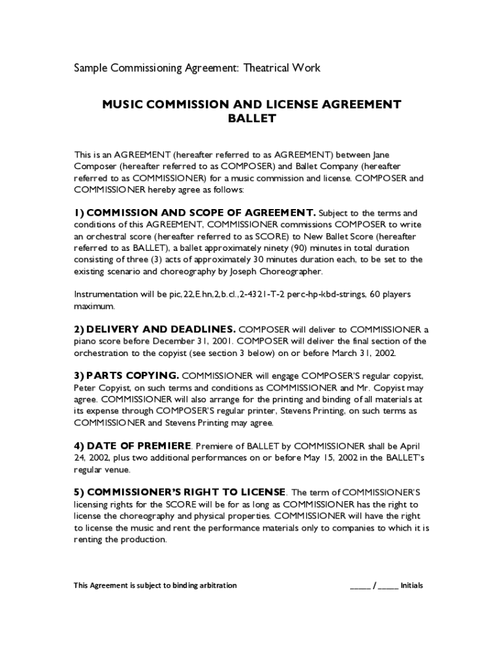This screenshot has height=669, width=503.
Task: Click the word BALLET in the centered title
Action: click(252, 119)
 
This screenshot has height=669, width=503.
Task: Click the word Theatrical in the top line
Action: click(268, 68)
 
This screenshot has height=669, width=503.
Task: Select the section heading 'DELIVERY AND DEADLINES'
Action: click(161, 329)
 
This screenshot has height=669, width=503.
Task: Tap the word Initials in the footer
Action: click(412, 585)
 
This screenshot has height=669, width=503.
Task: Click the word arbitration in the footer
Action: click(215, 585)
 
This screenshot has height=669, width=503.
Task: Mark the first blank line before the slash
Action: click(360, 586)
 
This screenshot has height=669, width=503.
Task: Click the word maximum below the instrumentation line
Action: click(95, 306)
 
